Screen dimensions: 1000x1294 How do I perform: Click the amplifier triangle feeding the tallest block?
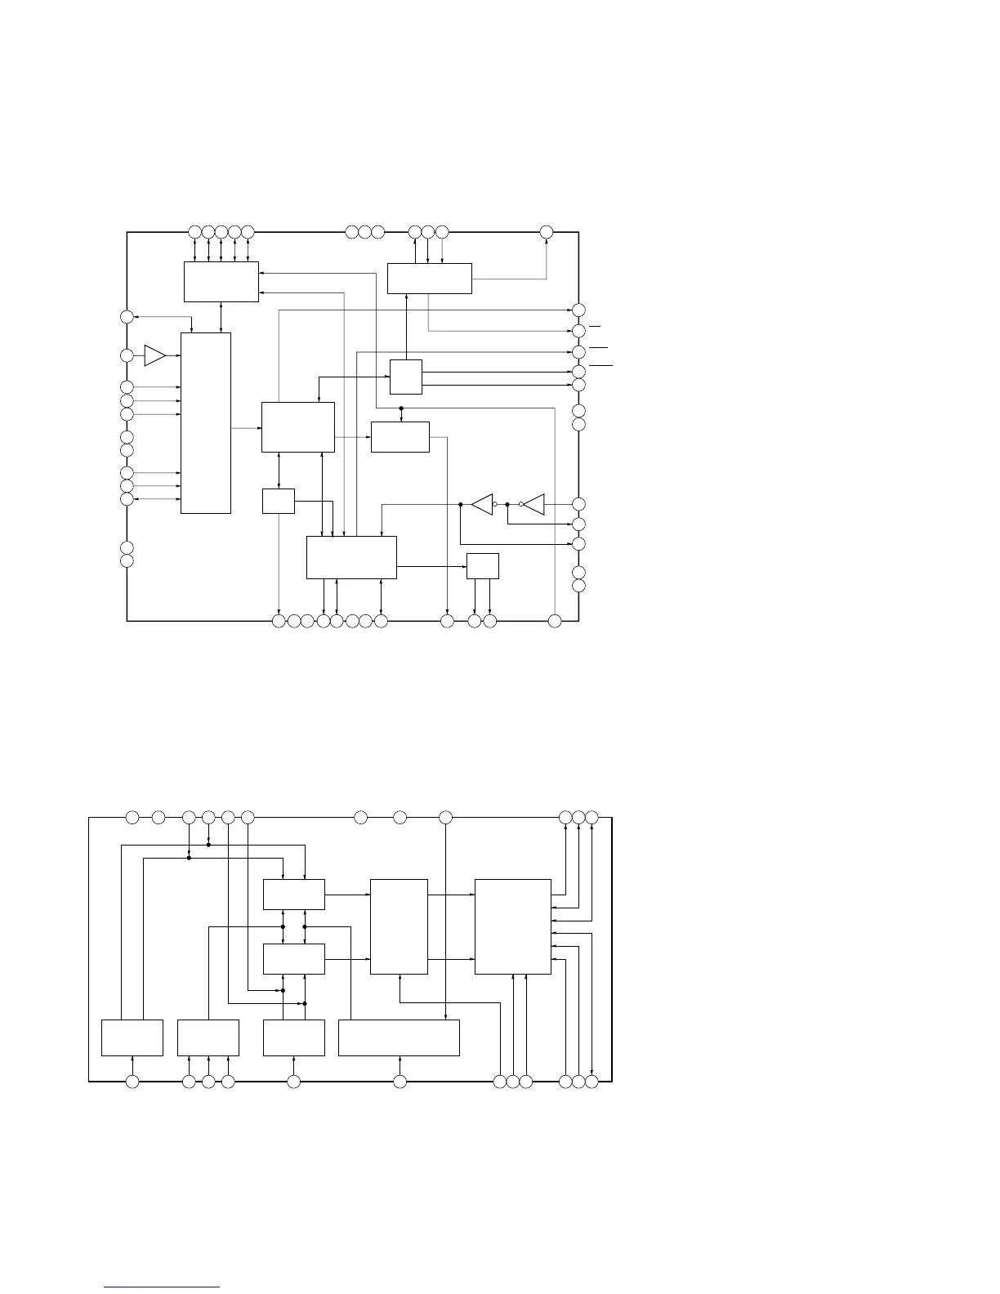pos(154,355)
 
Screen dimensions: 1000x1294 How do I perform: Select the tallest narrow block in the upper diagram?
pos(205,422)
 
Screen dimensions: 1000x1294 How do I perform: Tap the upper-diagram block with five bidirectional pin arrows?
pos(221,282)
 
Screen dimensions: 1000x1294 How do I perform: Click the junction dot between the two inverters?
pos(507,504)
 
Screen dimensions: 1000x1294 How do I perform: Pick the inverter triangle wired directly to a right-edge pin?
pos(534,504)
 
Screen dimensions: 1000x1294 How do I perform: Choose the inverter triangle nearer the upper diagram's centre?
pos(483,504)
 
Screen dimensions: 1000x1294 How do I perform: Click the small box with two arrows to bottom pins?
pos(482,566)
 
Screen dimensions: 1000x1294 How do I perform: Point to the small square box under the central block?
pos(279,501)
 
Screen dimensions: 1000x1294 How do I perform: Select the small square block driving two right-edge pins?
pos(406,377)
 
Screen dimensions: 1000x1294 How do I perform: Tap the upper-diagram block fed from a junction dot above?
pos(400,436)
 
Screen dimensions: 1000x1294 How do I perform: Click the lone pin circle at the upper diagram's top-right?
pos(547,232)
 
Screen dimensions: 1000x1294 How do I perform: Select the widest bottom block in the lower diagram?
pos(399,1037)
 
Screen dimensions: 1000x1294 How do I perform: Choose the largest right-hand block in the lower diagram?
pos(512,926)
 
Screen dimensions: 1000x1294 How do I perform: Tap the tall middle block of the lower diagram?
pos(399,926)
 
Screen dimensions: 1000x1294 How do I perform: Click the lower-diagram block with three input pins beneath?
pos(208,1037)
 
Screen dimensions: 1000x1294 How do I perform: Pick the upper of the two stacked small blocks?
pos(294,895)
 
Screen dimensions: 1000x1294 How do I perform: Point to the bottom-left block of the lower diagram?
pos(132,1037)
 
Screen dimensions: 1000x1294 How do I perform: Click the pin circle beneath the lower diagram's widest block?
pos(400,1082)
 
